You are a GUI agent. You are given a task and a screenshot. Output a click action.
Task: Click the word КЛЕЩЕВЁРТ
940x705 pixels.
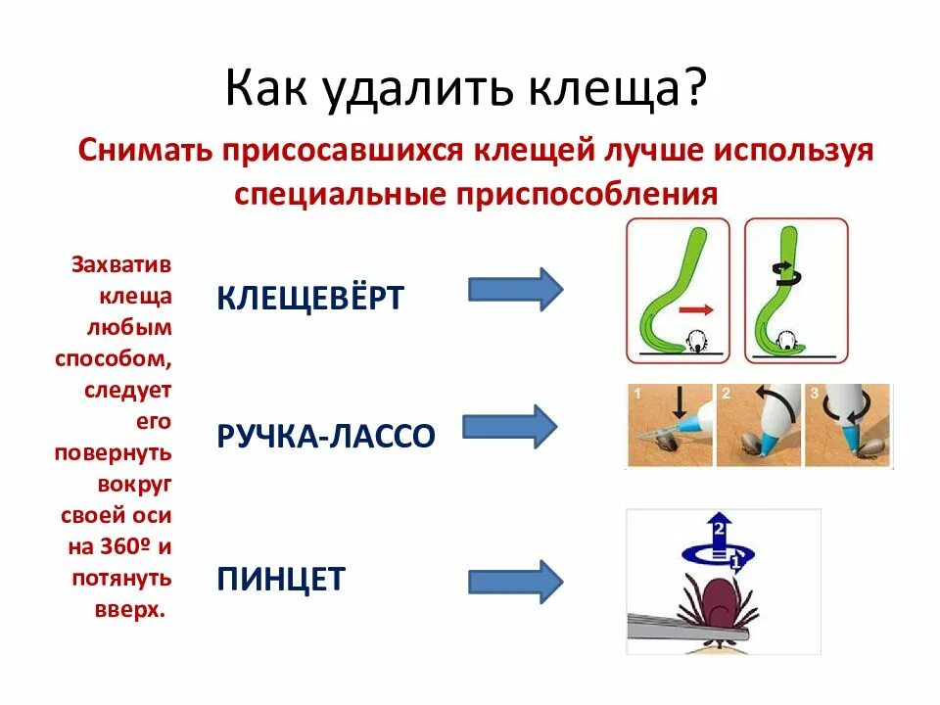coord(309,297)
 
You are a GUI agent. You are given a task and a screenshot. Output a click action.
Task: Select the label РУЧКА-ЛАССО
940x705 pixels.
coord(325,436)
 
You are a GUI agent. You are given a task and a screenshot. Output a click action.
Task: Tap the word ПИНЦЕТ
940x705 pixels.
coord(281,579)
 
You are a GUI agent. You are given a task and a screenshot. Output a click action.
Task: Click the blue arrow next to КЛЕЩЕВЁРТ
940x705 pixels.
coord(515,289)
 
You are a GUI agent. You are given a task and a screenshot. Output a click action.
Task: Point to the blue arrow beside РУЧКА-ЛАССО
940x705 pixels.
coord(509,427)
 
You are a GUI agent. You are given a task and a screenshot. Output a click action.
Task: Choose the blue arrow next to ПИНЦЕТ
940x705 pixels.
coord(515,582)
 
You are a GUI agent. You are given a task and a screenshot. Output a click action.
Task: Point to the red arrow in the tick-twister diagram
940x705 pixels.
coord(695,309)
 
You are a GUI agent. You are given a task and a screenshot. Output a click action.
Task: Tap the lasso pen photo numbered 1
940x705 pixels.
coord(671,426)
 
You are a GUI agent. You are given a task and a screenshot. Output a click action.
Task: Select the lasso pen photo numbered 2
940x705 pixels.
coord(759,426)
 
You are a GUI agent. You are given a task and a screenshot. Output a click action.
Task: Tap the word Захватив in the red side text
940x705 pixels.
coord(121,265)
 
